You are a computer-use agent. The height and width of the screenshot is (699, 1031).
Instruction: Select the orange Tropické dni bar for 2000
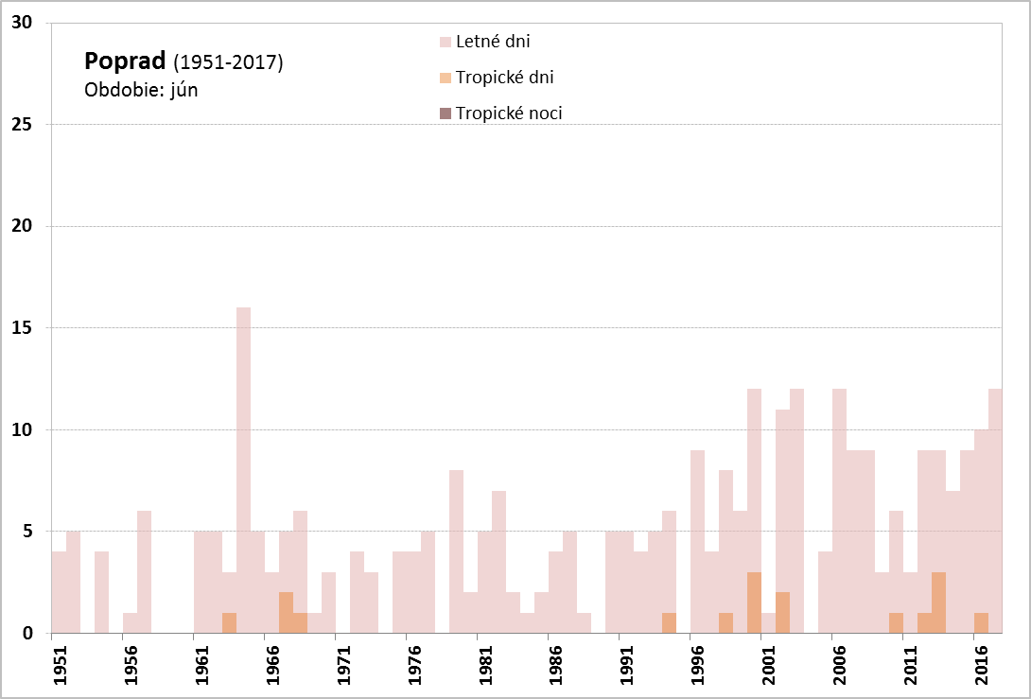pyautogui.click(x=754, y=603)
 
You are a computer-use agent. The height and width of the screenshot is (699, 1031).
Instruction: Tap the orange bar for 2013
pyautogui.click(x=938, y=603)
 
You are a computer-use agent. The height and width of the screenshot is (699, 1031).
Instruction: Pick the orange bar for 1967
pyautogui.click(x=286, y=613)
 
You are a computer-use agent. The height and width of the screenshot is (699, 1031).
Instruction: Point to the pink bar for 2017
pyautogui.click(x=995, y=511)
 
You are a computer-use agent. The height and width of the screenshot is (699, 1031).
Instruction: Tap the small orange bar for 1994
pyautogui.click(x=669, y=623)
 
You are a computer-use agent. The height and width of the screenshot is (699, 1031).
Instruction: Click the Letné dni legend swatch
pyautogui.click(x=446, y=42)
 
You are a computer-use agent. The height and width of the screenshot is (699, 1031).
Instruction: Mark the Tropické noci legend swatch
pyautogui.click(x=446, y=114)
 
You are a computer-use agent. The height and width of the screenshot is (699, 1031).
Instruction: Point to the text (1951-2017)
pyautogui.click(x=228, y=63)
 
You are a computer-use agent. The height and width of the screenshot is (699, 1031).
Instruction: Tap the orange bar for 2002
pyautogui.click(x=782, y=613)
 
